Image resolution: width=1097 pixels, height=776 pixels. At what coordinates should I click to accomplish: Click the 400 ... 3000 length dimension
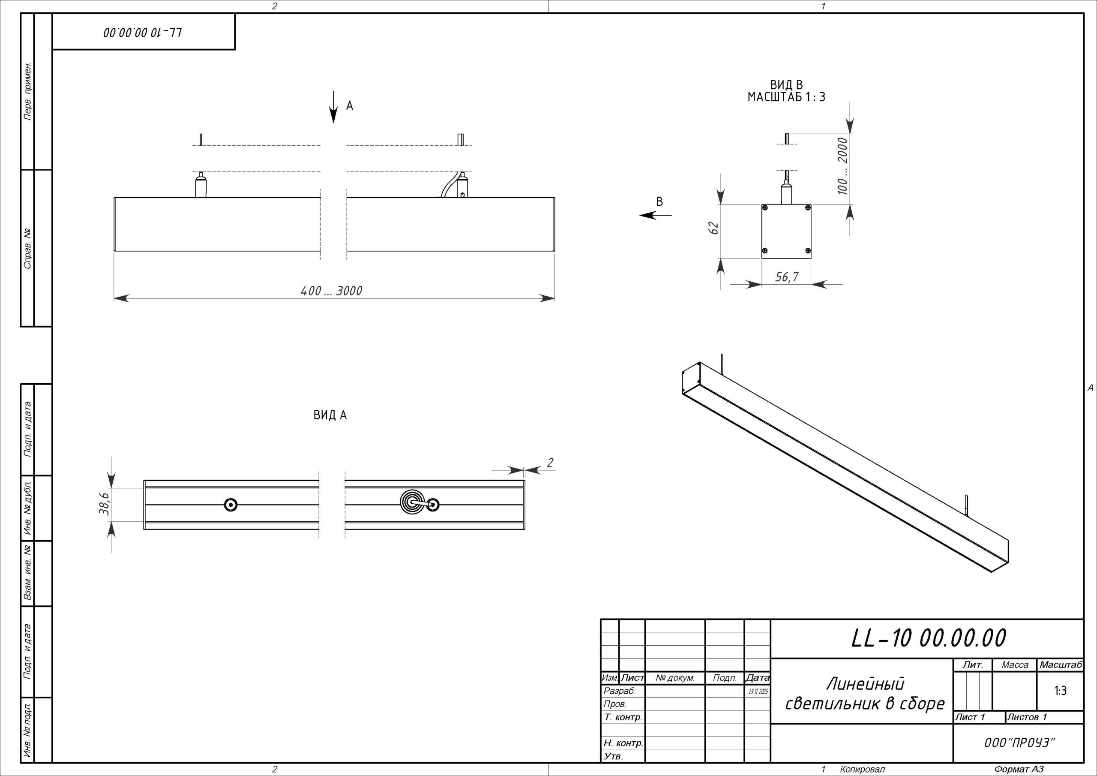[x=331, y=291]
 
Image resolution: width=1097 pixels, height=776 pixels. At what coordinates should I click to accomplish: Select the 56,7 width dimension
[x=786, y=277]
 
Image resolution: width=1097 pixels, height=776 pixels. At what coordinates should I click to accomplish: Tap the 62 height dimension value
[x=714, y=228]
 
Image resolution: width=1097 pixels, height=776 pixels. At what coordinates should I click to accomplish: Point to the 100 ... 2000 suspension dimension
[x=842, y=166]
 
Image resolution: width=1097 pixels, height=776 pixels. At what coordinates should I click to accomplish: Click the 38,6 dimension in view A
[x=104, y=504]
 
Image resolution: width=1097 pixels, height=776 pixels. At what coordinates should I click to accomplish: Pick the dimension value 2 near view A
[x=550, y=463]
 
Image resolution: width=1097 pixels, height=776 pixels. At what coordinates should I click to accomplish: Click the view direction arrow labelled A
[x=333, y=107]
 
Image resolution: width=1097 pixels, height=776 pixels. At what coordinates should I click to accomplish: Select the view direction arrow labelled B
[x=655, y=215]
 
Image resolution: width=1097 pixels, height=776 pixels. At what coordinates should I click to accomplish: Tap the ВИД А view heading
[x=330, y=415]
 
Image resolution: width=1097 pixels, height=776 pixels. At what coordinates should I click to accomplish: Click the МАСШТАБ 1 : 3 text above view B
[x=786, y=97]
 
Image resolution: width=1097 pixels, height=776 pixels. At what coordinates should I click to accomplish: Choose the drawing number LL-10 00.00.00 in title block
[x=928, y=638]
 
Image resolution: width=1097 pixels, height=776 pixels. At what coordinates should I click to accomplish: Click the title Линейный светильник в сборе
[x=865, y=694]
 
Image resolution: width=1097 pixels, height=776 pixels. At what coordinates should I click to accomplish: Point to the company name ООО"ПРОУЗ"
[x=1019, y=743]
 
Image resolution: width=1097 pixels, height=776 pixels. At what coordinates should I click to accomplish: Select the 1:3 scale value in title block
[x=1060, y=691]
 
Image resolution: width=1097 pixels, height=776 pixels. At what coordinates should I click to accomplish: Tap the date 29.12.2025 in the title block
[x=758, y=692]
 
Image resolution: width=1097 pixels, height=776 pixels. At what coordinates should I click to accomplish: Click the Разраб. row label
[x=619, y=691]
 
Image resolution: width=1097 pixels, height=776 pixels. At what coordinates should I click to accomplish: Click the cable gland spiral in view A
[x=411, y=502]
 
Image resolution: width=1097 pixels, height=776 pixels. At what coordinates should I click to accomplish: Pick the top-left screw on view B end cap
[x=765, y=208]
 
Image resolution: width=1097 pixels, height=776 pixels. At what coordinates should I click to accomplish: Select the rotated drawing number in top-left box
[x=143, y=33]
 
